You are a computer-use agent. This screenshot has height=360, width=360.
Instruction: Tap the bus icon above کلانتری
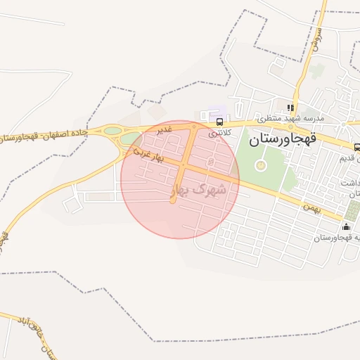220,122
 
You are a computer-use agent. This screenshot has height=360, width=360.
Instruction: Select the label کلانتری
219,133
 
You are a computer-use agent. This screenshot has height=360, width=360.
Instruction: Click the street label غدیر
164,130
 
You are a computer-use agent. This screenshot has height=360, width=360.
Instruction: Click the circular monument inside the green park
261,165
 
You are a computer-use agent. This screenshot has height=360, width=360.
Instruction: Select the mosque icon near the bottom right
346,226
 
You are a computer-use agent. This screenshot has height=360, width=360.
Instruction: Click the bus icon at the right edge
356,148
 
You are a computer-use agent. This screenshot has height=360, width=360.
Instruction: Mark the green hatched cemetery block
353,210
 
